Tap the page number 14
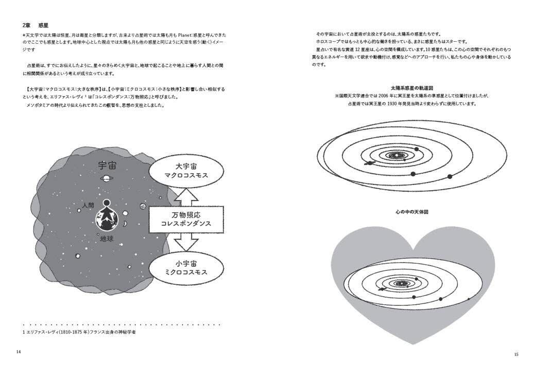pos(19,352)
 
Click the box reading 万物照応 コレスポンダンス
pos(186,219)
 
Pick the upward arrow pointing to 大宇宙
pos(186,196)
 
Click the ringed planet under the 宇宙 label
pos(107,178)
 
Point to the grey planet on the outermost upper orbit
pos(488,177)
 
